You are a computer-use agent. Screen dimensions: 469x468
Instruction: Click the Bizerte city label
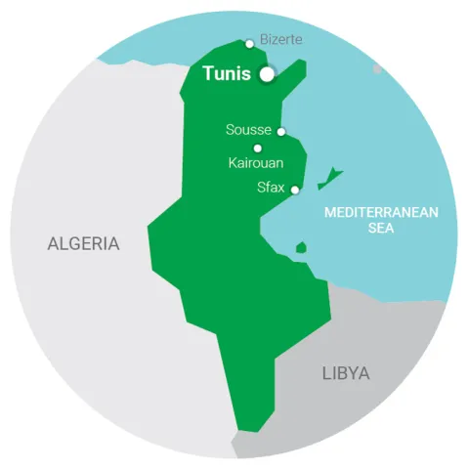click(282, 40)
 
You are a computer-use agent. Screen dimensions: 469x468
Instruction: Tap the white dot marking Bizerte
click(250, 43)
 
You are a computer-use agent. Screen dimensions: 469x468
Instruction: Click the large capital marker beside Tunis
click(267, 74)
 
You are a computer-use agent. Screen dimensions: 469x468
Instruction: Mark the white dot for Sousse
click(281, 131)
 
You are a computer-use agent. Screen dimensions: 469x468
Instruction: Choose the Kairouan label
click(256, 163)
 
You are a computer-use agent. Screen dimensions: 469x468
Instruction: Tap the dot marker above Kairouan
click(258, 149)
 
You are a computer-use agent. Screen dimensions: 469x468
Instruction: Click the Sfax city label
click(271, 188)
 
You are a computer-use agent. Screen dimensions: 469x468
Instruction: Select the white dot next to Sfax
click(295, 190)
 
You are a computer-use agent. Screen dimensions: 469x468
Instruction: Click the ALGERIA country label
click(84, 244)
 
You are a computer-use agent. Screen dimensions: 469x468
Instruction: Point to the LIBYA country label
click(345, 373)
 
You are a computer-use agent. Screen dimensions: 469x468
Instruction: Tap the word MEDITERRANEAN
click(381, 212)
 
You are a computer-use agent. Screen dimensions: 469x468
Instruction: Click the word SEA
click(381, 228)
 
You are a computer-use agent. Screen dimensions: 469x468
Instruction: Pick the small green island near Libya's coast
click(301, 247)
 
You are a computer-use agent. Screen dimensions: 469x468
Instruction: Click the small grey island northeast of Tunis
click(377, 68)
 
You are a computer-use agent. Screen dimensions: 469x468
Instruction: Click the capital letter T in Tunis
click(208, 74)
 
